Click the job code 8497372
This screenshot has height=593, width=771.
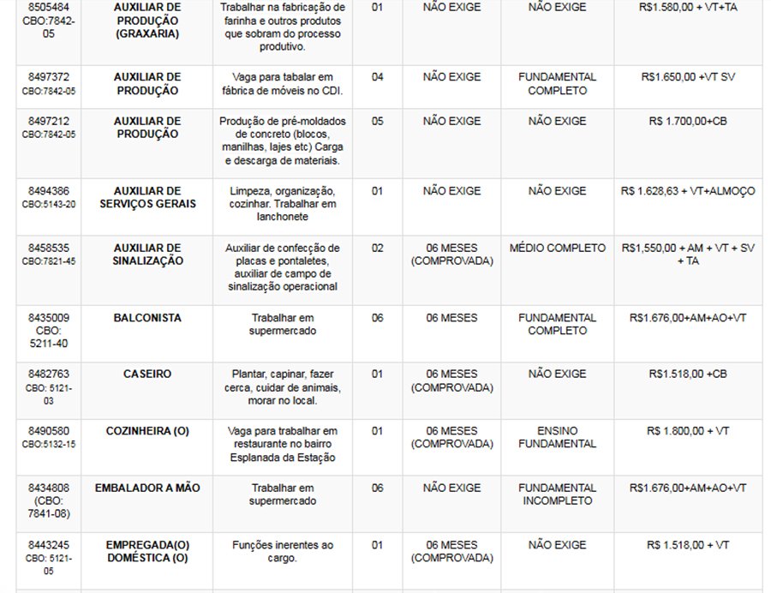click(49, 77)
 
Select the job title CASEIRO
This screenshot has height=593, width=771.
click(146, 374)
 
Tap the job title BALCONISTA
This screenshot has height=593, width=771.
click(146, 318)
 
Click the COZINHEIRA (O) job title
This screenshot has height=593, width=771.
click(146, 431)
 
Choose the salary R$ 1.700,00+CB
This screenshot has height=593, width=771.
click(687, 122)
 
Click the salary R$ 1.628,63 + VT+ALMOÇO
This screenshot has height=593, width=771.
click(687, 191)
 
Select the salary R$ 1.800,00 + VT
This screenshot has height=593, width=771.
click(687, 431)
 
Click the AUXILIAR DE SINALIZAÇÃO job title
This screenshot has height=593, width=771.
click(147, 255)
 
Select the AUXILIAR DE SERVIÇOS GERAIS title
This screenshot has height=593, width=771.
click(147, 197)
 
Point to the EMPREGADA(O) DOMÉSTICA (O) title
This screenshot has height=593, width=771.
click(147, 551)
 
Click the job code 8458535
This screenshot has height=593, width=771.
click(49, 249)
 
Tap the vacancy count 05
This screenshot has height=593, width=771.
click(378, 122)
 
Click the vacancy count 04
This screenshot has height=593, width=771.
click(378, 77)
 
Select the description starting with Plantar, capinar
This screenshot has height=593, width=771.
click(283, 387)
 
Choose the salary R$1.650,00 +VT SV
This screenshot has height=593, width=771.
click(687, 77)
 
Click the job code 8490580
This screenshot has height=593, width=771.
click(49, 431)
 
